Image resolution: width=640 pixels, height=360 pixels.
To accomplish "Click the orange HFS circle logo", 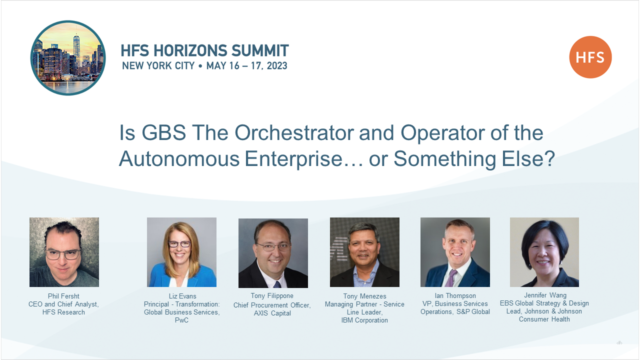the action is coord(590,57).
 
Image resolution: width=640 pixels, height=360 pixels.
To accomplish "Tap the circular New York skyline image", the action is coord(68,58).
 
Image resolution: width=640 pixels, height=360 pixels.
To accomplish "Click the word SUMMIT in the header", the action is coord(260,50).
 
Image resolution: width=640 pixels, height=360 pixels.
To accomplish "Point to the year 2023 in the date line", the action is coord(277,65).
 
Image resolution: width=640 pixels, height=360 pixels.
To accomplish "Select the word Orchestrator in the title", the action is coord(294,133).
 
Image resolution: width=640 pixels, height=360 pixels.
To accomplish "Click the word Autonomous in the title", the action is coord(179,159).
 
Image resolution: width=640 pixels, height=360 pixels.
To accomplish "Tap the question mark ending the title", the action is coord(549,158).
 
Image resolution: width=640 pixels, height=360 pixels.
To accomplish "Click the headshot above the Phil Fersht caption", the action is coord(64,252).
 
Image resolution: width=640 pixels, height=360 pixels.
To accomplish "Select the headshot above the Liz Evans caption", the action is coord(181,252).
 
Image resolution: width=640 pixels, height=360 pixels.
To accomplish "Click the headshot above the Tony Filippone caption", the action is coord(273,253).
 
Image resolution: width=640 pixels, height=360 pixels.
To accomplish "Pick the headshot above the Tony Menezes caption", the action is coord(364,252).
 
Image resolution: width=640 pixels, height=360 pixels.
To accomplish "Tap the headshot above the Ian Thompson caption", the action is coord(455,252).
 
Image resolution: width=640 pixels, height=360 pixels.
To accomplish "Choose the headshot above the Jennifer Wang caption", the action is coord(544,252).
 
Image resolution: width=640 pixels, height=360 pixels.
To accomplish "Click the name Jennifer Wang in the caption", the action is coord(545,295).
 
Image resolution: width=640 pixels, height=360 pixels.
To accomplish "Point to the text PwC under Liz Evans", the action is coord(181,320).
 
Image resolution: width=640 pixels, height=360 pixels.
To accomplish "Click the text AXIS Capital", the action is coord(272,313).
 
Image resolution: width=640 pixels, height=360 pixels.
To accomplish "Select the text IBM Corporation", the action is coord(364,320).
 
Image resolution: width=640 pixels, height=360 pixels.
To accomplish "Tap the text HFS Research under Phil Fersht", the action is coord(63,312).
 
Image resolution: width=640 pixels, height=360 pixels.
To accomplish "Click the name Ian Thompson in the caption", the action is coord(455,295).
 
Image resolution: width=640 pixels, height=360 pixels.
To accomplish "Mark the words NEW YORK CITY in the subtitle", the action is coord(158,65).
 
